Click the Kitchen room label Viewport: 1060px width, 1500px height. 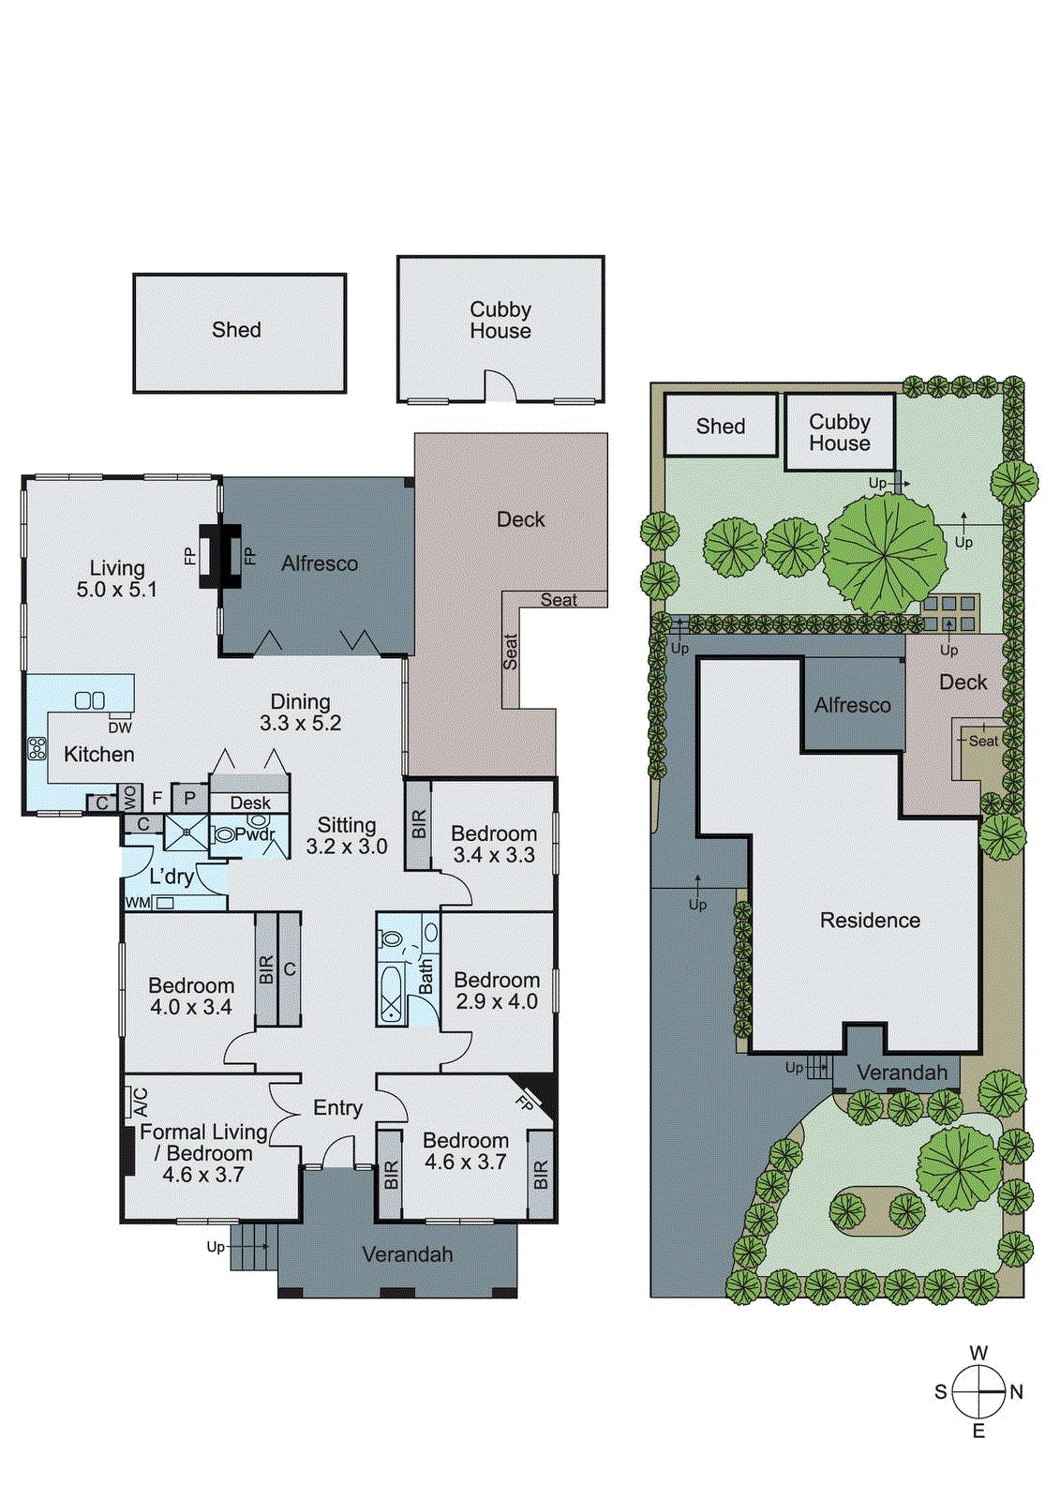[99, 754]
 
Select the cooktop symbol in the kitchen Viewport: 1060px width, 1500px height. [37, 747]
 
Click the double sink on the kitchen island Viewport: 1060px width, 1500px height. [90, 700]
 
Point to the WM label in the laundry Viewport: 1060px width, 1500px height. [138, 903]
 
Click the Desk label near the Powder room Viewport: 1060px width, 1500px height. [250, 802]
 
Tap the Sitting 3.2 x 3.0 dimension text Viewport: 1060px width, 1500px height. [347, 847]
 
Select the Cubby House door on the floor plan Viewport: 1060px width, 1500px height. [500, 385]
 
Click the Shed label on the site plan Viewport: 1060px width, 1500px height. [721, 426]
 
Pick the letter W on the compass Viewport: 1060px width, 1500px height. [978, 1353]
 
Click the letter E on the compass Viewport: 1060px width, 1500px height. [978, 1431]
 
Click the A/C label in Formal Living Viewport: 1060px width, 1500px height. [141, 1102]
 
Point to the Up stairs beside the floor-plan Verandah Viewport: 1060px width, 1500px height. [249, 1247]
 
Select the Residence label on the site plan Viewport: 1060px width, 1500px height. [870, 920]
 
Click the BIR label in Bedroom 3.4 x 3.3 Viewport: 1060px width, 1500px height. [419, 824]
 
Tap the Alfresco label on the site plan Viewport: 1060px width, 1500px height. [852, 705]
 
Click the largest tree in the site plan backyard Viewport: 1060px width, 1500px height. [885, 553]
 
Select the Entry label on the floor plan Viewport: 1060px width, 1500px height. [337, 1108]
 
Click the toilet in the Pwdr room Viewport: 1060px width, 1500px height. [225, 834]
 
